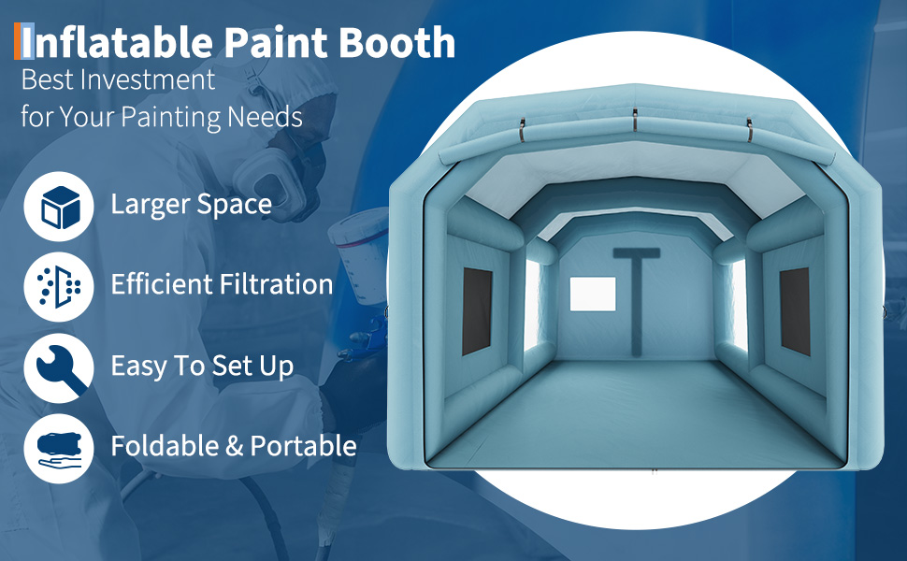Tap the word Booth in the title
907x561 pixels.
pos(396,42)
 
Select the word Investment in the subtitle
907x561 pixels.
pos(148,79)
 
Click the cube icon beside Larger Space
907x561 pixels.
pos(59,207)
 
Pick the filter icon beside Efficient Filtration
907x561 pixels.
pos(59,287)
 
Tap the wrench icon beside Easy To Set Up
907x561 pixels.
pos(59,367)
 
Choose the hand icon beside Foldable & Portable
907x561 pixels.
pos(59,448)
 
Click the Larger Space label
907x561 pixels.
pos(192,204)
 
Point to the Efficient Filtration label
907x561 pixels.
pos(223,284)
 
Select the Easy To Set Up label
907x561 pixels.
pos(203,367)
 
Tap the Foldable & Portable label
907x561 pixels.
pos(234,446)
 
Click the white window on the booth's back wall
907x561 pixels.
pos(593,294)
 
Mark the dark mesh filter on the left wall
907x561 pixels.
pos(477,311)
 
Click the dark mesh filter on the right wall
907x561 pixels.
pos(795,311)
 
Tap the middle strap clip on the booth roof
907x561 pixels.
pos(635,120)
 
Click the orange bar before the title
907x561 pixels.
pos(18,41)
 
